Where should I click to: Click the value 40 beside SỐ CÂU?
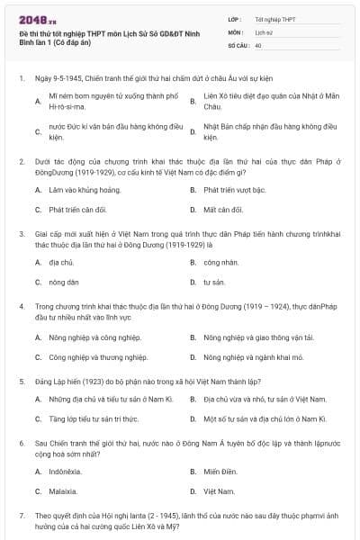pos(258,44)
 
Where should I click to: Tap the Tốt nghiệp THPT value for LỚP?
pos(274,18)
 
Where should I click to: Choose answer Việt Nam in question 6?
pos(219,490)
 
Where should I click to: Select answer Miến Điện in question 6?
pos(220,470)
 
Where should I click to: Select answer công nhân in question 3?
pos(220,262)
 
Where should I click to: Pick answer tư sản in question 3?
pos(213,282)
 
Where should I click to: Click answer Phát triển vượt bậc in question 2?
pos(234,190)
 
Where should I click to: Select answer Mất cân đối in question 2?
pos(223,210)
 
